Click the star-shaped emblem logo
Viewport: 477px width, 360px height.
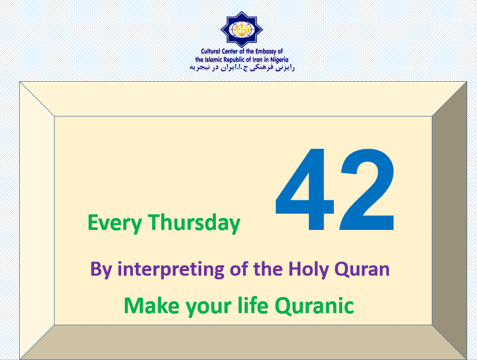coord(242,30)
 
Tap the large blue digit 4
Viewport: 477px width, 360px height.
coord(305,189)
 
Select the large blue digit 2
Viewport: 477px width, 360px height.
coord(367,189)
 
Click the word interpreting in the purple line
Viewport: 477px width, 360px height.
coord(171,269)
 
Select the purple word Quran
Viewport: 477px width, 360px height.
coord(362,269)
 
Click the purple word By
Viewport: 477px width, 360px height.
coord(101,269)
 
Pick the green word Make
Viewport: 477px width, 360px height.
coord(151,305)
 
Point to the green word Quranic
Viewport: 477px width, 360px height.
coord(314,305)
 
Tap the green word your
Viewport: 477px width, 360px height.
coord(209,307)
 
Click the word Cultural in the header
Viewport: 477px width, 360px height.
coord(211,52)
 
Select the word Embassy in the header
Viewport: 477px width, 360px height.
coord(266,52)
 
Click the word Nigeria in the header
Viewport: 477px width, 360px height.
coord(279,60)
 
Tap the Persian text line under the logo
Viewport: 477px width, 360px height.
coord(242,68)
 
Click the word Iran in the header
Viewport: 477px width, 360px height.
coord(257,60)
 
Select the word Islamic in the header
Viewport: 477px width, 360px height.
coord(213,60)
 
